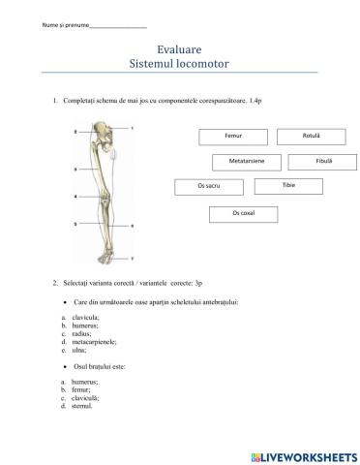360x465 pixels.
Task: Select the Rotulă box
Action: [x=311, y=137]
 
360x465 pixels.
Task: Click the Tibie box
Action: [x=288, y=184]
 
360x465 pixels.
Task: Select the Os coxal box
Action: [x=243, y=212]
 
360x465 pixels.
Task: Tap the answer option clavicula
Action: [x=85, y=318]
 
